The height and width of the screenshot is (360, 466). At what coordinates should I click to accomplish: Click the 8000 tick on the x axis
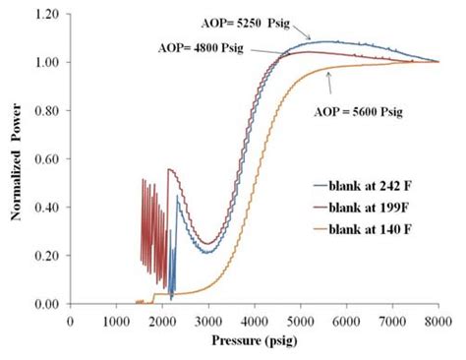(438, 319)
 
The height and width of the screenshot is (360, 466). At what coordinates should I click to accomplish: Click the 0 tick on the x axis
(70, 319)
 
